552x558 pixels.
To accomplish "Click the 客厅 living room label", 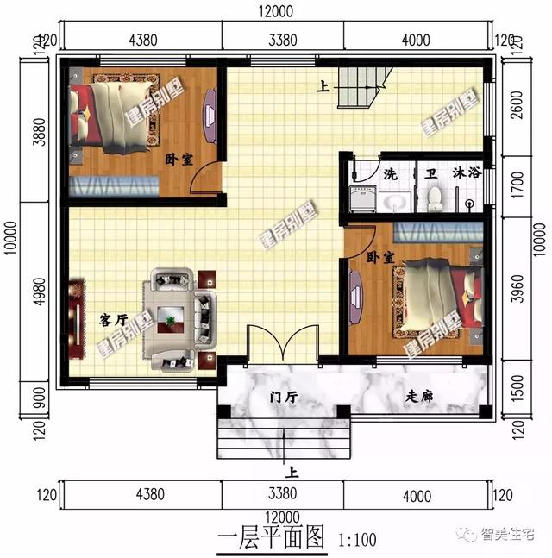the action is point(114,320).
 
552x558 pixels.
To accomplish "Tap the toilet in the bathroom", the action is point(434,199).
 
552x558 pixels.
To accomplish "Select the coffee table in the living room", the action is point(171,319).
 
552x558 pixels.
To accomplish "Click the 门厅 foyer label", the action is point(284,397).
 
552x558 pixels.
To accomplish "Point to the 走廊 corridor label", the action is point(419,396).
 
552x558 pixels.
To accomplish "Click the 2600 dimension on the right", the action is point(517,105).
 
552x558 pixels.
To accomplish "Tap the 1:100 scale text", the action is point(357,540).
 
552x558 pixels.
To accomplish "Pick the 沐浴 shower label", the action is point(467,173).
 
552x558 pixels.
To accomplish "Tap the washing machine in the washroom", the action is point(363,199).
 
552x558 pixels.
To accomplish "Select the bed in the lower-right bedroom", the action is point(445,295).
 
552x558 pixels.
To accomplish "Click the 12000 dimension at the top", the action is point(276,11).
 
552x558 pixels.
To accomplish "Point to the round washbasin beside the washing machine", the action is point(395,202).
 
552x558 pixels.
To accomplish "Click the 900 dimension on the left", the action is point(40,398).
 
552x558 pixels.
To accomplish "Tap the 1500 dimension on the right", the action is point(517,389).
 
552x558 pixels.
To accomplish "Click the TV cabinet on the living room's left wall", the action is point(78,319).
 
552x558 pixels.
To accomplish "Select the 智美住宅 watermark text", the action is point(508,534).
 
